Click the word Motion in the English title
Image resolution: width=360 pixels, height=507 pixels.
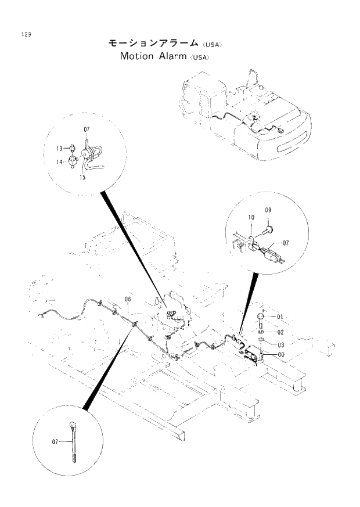137,56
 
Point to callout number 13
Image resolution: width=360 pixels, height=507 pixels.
59,149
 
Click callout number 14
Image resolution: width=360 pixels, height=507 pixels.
59,163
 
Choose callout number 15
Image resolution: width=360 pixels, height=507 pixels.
82,178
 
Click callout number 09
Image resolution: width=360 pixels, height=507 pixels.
268,209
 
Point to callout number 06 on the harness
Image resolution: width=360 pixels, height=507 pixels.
128,300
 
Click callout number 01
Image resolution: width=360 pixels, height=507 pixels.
279,317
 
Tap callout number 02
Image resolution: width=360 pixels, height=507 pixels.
279,332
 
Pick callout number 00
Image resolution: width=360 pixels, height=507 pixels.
281,354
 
